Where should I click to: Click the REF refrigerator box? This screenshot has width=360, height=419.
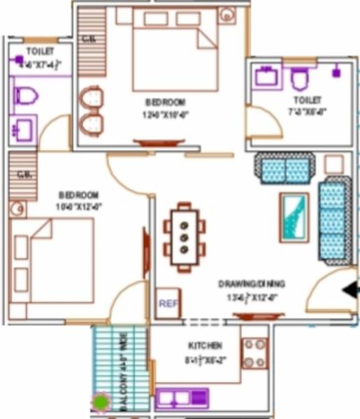click(x=166, y=304)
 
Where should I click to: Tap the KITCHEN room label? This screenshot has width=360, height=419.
click(x=205, y=346)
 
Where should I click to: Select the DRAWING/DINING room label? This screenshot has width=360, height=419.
click(x=251, y=284)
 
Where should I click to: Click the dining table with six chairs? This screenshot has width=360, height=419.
click(x=185, y=237)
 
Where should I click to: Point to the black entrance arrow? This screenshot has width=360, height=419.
click(x=348, y=290)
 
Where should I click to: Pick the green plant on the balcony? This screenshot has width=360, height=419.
click(x=102, y=402)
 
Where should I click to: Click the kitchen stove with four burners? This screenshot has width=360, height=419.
click(x=254, y=353)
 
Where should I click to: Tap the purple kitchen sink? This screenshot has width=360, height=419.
click(x=182, y=398)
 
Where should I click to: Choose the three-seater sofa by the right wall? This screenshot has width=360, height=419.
click(x=333, y=219)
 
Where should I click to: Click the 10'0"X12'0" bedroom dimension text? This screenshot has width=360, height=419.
click(x=78, y=205)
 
